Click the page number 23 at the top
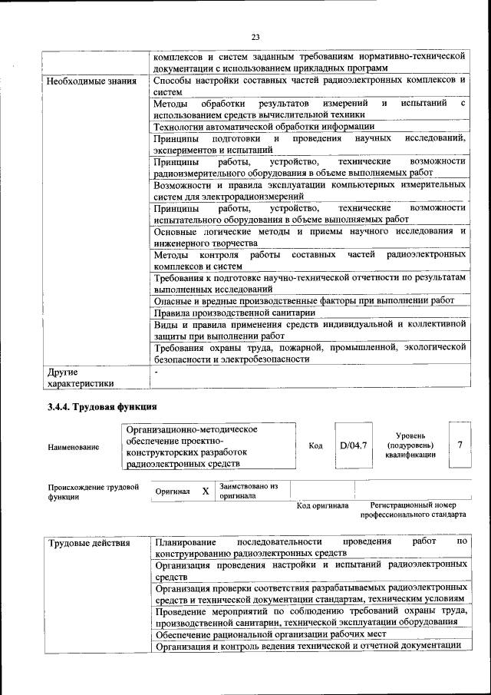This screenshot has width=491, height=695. click(255, 36)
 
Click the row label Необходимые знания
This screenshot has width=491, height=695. click(92, 81)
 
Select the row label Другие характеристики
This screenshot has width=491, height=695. click(81, 378)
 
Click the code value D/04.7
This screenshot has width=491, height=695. click(354, 445)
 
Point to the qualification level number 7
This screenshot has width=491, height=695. click(460, 445)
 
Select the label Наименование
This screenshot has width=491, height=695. click(73, 446)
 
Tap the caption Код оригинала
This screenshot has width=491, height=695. click(322, 505)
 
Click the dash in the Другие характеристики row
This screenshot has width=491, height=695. click(156, 372)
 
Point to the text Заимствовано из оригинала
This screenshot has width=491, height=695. click(249, 491)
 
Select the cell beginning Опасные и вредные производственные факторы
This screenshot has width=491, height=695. click(309, 301)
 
